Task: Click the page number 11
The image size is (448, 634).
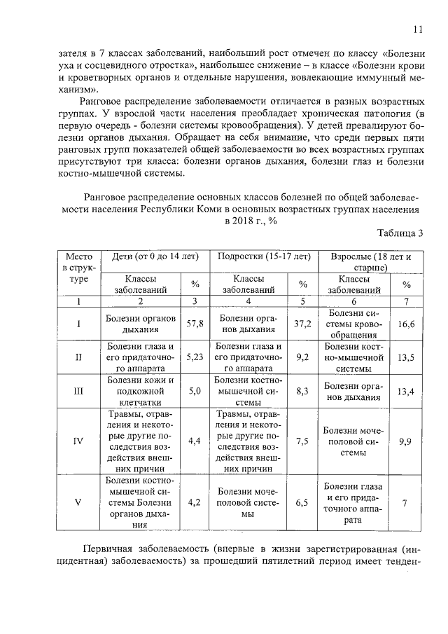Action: point(418,29)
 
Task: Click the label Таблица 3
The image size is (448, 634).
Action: point(400,233)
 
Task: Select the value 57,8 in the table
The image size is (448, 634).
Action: point(195,324)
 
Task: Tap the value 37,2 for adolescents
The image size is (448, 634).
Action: point(302,324)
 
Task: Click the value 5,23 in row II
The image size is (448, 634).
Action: point(195,357)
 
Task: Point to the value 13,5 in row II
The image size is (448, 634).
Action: point(406,357)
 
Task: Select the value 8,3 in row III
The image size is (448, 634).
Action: point(302,391)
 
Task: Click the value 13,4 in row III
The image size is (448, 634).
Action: point(406,391)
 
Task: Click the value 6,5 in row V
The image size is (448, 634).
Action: point(302,502)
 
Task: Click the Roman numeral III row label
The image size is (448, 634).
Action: point(78,391)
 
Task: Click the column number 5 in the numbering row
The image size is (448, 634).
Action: point(302,301)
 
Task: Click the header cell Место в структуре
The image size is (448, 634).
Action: point(78,268)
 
